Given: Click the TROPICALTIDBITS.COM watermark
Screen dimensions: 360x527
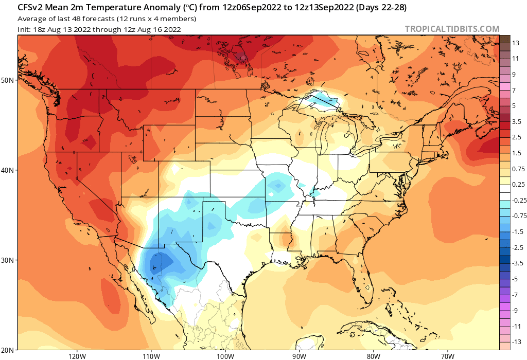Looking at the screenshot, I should [x=452, y=29].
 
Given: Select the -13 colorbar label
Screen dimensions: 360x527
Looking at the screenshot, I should [x=516, y=341].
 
